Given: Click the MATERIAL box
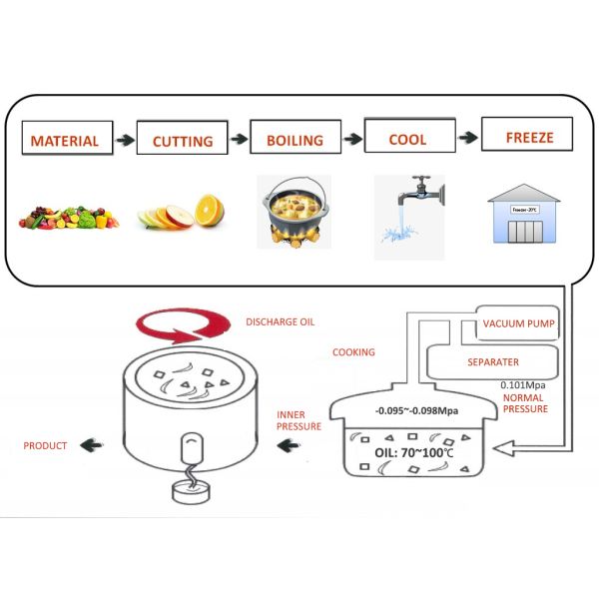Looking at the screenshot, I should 65,141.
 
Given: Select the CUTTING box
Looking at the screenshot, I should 183,141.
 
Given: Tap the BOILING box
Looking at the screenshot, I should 296,140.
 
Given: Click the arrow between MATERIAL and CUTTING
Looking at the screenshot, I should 123,141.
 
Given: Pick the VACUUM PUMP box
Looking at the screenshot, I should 518,323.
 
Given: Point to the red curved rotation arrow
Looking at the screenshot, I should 186,330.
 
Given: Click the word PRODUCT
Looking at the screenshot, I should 44,446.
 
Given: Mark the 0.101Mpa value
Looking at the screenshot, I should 522,384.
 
